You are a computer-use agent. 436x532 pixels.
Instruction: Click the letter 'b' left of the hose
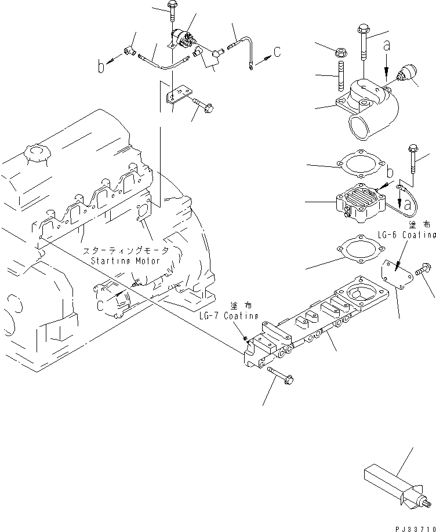101,67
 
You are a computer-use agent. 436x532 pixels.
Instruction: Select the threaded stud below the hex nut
341,77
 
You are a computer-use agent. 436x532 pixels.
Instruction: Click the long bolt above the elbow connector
364,41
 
